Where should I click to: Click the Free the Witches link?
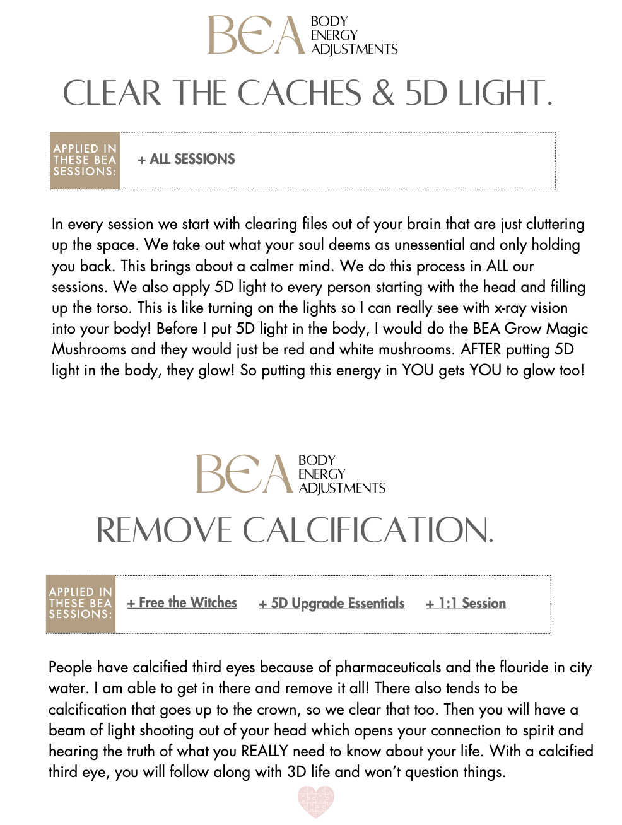(x=182, y=603)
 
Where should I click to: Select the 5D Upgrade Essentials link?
(x=332, y=604)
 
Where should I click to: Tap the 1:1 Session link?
(x=466, y=604)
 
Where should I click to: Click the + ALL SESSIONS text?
(x=186, y=160)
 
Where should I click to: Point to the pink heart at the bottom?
(x=315, y=802)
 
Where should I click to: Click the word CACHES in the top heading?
(x=299, y=93)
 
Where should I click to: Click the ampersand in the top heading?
(x=383, y=93)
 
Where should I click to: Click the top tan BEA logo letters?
(x=255, y=35)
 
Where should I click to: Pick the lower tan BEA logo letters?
(x=244, y=474)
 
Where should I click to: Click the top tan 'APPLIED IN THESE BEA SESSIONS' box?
(x=85, y=160)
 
